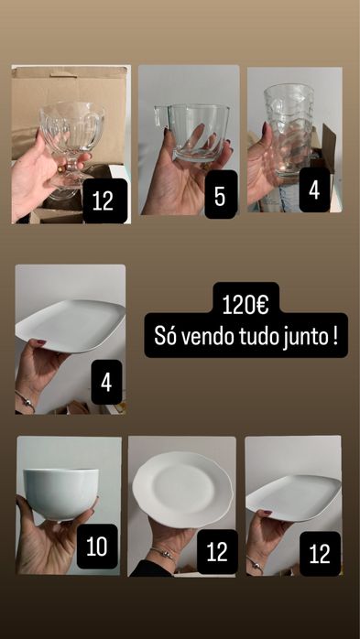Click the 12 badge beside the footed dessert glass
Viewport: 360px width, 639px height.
coord(104,201)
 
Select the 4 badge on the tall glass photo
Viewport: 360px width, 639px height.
coord(314,190)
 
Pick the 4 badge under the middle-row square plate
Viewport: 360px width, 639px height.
coord(106,382)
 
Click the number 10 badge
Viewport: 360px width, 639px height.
coord(96,547)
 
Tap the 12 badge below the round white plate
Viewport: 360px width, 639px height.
coord(216,552)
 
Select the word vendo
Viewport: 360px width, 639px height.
coord(209,337)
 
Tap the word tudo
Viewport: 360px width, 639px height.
coord(258,337)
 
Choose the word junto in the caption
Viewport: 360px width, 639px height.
coord(308,337)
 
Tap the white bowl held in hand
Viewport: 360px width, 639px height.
coord(61,493)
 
